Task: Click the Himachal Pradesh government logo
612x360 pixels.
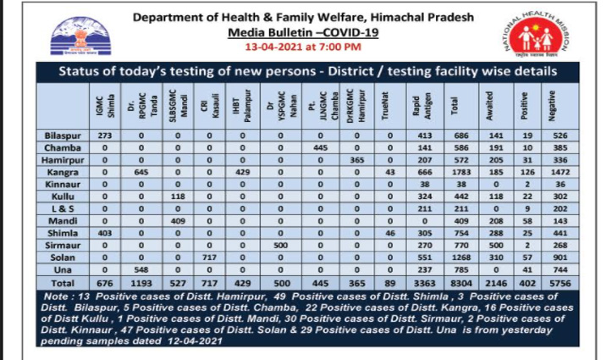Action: pos(74,37)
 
